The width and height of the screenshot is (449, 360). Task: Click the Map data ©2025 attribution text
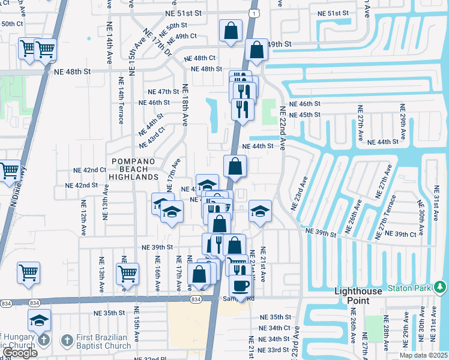(423, 355)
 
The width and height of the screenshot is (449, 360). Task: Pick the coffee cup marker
(241, 286)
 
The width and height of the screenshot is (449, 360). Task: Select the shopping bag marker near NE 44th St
(235, 166)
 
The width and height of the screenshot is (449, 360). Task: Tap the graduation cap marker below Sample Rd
(39, 319)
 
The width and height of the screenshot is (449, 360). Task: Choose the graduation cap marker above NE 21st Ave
(259, 211)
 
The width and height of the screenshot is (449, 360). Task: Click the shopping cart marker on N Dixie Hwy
(10, 171)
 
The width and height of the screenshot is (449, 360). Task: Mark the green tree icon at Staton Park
(440, 288)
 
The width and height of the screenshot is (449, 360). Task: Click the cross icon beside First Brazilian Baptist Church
(43, 340)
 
